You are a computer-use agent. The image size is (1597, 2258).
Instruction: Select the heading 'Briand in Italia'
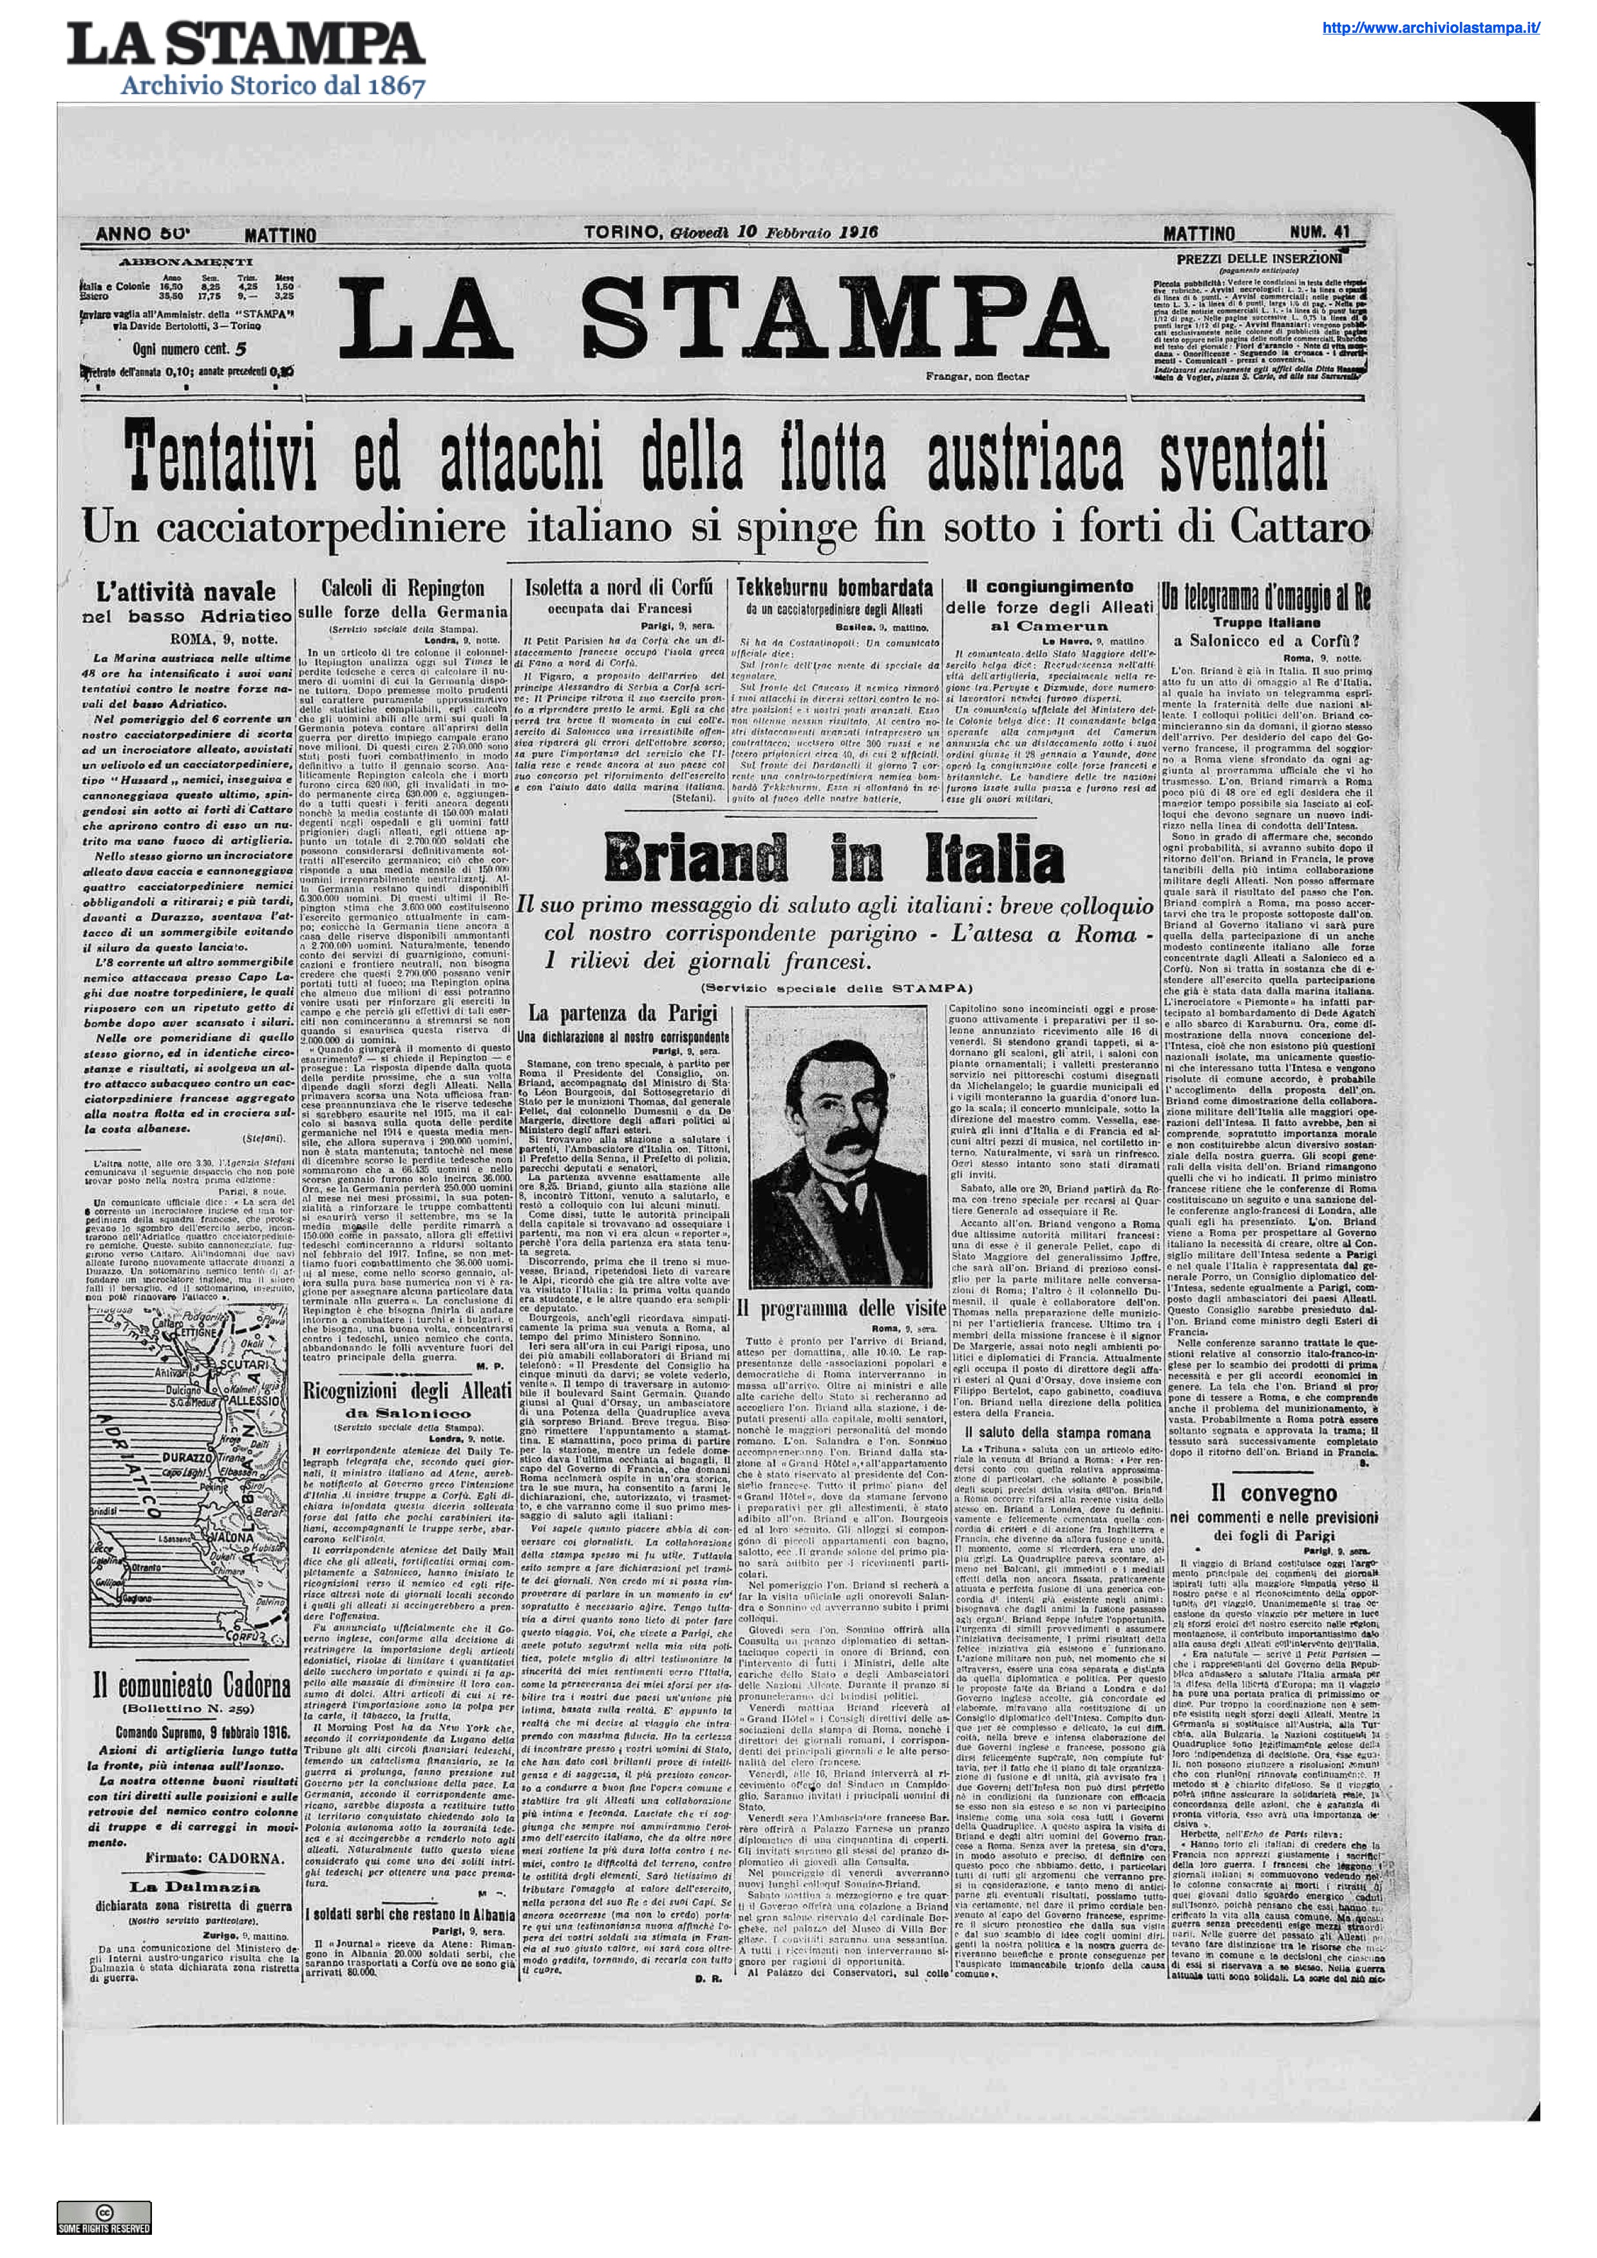point(834,858)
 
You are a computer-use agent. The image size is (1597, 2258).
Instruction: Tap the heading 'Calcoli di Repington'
point(403,588)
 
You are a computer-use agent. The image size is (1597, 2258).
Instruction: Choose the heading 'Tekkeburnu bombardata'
point(834,588)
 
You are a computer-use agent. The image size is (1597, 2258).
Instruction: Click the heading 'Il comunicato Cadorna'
point(192,1686)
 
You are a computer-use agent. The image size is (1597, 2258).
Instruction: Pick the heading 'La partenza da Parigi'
point(623,1013)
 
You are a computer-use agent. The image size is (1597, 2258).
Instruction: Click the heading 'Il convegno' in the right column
point(1274,1493)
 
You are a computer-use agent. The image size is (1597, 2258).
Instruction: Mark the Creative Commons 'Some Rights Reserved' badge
point(103,2217)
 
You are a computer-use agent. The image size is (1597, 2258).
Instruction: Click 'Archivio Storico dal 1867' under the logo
point(272,86)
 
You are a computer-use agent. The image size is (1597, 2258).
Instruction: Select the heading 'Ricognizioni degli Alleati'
point(407,1391)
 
